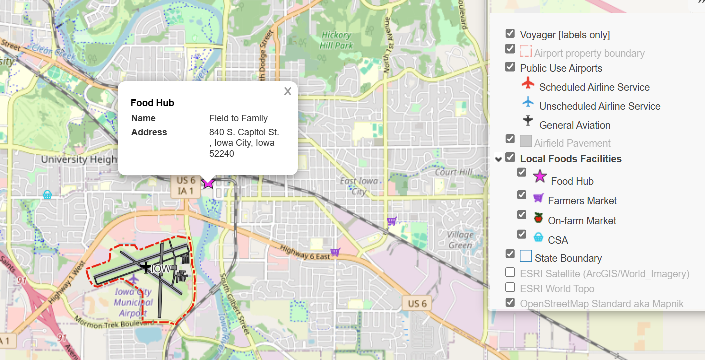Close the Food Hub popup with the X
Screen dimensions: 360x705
tap(287, 91)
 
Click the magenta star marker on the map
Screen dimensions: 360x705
tap(208, 183)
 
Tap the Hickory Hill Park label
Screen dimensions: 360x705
tap(337, 40)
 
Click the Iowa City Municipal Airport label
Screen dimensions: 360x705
tap(133, 302)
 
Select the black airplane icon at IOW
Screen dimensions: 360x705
tap(146, 267)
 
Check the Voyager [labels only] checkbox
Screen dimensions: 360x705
tap(510, 33)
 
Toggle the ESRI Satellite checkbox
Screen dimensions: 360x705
tap(510, 272)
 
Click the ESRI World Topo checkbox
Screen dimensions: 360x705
tap(510, 287)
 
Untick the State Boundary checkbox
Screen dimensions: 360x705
tap(510, 253)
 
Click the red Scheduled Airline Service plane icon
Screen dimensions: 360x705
tap(528, 83)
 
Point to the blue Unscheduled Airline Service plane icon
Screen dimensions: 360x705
tap(528, 102)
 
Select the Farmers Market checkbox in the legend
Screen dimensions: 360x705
tap(522, 195)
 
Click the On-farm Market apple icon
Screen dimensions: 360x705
tap(538, 217)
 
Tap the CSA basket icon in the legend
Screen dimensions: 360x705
tap(538, 237)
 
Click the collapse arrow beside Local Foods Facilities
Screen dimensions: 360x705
tap(498, 159)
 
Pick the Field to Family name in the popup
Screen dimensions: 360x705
tap(238, 118)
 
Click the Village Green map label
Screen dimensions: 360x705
tap(460, 240)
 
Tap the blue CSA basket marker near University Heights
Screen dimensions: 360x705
tap(47, 195)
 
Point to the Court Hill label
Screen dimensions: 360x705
tap(453, 172)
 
